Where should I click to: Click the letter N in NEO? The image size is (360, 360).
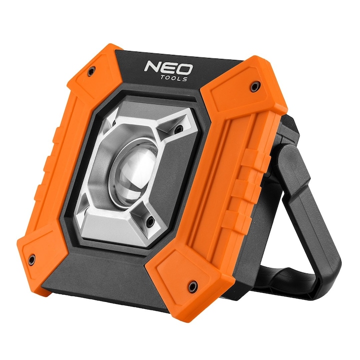[151, 65]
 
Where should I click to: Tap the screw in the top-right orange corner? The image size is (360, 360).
[254, 87]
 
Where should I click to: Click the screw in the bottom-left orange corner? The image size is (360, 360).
[31, 259]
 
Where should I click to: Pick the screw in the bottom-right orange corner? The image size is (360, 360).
[192, 286]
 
